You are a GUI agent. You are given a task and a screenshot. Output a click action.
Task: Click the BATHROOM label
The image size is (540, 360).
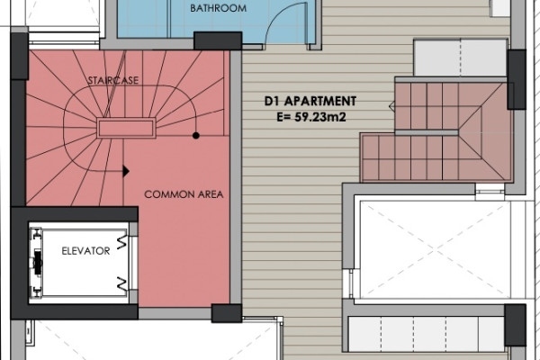pos(219,8)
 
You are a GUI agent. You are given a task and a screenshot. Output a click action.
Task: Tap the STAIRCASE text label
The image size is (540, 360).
pos(113,80)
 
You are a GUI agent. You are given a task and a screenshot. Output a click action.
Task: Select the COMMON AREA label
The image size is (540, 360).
pos(184,194)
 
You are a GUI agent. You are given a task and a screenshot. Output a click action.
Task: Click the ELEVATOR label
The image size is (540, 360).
pos(85,251)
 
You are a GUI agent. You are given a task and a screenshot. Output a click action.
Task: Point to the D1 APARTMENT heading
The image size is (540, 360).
pos(310,102)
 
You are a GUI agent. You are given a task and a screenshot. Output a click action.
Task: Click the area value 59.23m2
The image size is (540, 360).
pos(320,117)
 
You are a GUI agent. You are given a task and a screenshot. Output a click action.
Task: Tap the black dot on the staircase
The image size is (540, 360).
pos(196,135)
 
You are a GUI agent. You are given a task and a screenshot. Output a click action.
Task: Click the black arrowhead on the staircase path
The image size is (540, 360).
pos(126,171)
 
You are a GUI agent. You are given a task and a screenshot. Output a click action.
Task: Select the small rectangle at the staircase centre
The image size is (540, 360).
pos(126,128)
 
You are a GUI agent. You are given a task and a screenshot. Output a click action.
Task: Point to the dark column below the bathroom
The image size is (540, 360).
pos(218,41)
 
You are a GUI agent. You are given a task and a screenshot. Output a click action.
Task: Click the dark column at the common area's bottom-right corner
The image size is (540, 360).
pos(227,313)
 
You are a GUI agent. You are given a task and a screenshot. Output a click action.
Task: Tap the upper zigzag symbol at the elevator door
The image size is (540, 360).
pos(121,242)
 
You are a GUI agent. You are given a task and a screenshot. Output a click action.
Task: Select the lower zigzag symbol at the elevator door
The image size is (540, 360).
pos(121,283)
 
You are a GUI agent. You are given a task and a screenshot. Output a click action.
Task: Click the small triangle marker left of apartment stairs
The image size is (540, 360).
pos(391,106)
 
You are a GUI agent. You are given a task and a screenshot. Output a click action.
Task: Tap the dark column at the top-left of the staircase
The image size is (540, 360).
pos(19,56)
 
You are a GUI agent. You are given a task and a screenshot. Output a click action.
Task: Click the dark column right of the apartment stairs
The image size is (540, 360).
pos(517,79)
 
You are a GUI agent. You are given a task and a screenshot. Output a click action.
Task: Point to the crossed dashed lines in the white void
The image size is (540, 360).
pos(436,248)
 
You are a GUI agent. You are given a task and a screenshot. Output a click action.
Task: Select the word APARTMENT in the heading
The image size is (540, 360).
pos(320,102)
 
